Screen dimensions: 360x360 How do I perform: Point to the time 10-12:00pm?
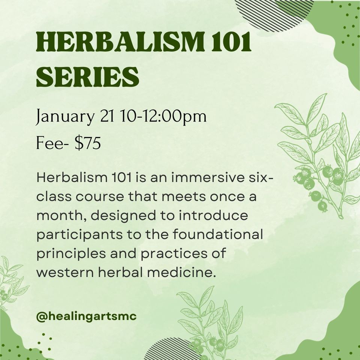tap(163, 116)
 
